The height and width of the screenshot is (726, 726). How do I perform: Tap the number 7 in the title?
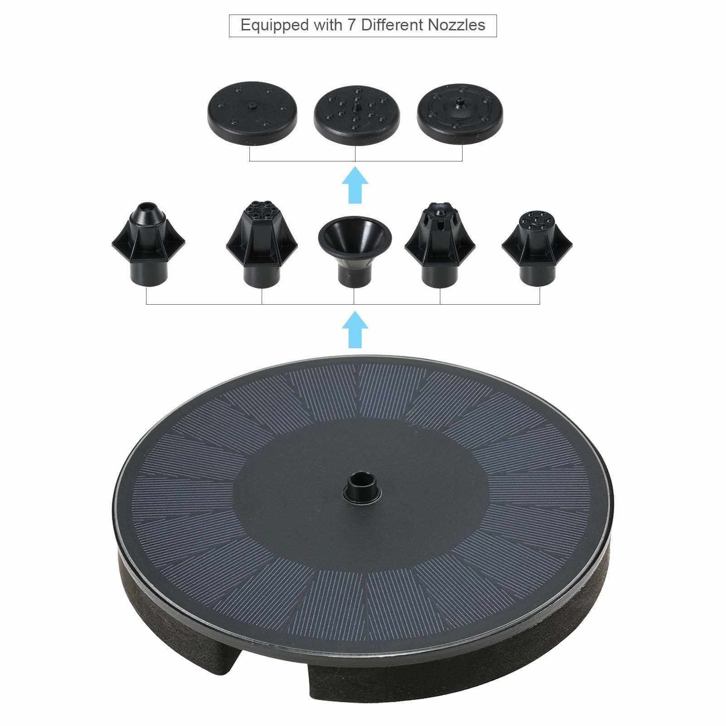point(352,24)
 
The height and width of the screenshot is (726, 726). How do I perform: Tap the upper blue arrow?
point(355,185)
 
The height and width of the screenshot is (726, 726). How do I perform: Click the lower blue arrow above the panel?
point(355,330)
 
